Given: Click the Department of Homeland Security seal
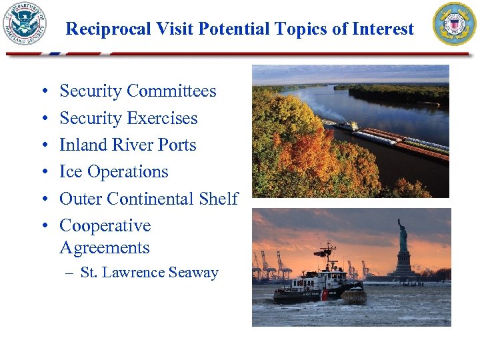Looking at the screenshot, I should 25,24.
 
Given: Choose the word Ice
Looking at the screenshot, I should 70,172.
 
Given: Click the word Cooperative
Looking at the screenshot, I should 105,226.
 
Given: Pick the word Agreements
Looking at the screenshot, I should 105,248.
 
